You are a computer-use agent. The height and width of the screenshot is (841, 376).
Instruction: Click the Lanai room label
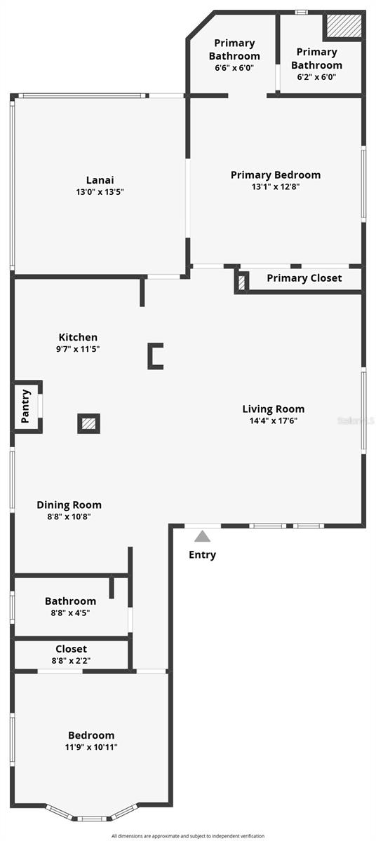tap(100, 179)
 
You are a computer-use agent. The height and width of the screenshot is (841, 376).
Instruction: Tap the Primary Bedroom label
tap(276, 175)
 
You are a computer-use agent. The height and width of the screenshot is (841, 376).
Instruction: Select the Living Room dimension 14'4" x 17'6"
tap(274, 421)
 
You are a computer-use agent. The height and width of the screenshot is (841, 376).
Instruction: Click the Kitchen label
tap(78, 337)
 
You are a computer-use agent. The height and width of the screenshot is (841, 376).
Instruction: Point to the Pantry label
tap(26, 406)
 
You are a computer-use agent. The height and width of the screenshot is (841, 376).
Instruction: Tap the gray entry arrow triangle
tap(202, 537)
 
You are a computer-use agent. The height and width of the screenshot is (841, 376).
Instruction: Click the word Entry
tap(202, 555)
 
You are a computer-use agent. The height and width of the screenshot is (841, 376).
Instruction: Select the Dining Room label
tap(69, 505)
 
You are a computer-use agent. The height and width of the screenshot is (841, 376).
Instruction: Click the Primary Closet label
tap(304, 278)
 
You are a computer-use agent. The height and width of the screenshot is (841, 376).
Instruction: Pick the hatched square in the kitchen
tap(88, 423)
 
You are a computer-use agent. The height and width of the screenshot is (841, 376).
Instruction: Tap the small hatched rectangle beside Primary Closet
tap(242, 282)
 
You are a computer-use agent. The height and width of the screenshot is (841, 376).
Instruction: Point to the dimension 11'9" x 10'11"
tap(91, 747)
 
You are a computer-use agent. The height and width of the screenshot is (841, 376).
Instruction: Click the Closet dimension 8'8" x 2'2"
tap(71, 660)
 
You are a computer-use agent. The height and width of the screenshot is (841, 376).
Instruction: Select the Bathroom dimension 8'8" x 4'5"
tap(70, 613)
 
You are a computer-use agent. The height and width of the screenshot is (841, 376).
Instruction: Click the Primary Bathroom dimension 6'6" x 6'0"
tap(234, 68)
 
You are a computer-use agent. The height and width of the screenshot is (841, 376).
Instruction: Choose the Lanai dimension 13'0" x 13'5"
tap(100, 191)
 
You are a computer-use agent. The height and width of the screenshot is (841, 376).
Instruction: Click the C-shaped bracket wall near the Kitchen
tap(154, 356)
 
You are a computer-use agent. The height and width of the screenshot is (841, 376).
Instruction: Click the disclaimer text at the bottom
tap(188, 836)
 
